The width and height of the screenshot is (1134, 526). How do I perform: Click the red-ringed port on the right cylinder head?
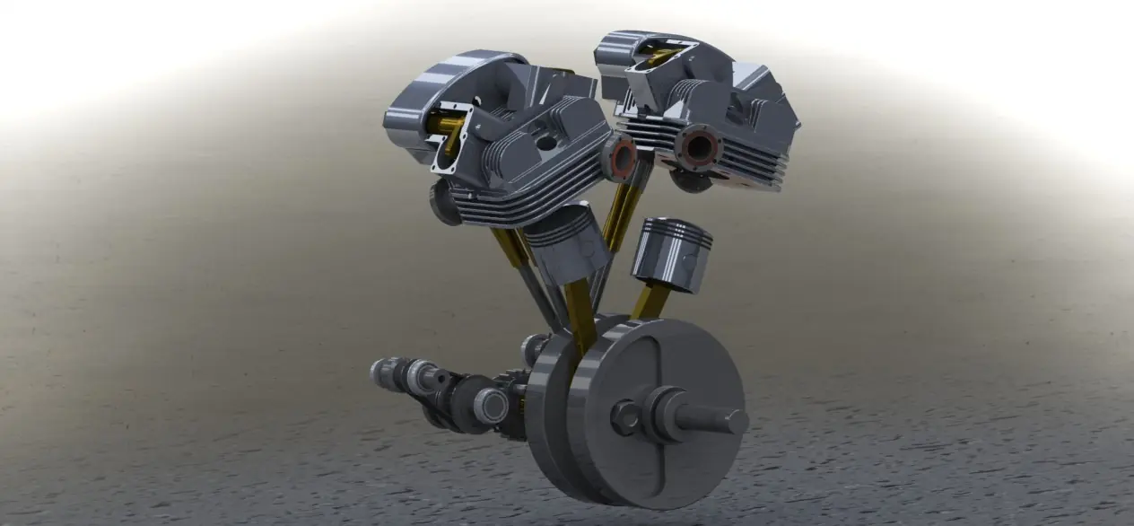pyautogui.click(x=699, y=147)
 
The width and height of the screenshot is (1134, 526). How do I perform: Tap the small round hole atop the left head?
pyautogui.click(x=546, y=143)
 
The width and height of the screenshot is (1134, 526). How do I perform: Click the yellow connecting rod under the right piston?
pyautogui.click(x=650, y=302)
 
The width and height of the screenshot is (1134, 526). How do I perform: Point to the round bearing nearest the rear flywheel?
pyautogui.click(x=491, y=406)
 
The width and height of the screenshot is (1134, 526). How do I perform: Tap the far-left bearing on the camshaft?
pyautogui.click(x=383, y=371)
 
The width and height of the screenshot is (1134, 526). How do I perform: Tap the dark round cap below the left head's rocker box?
pyautogui.click(x=445, y=202)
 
